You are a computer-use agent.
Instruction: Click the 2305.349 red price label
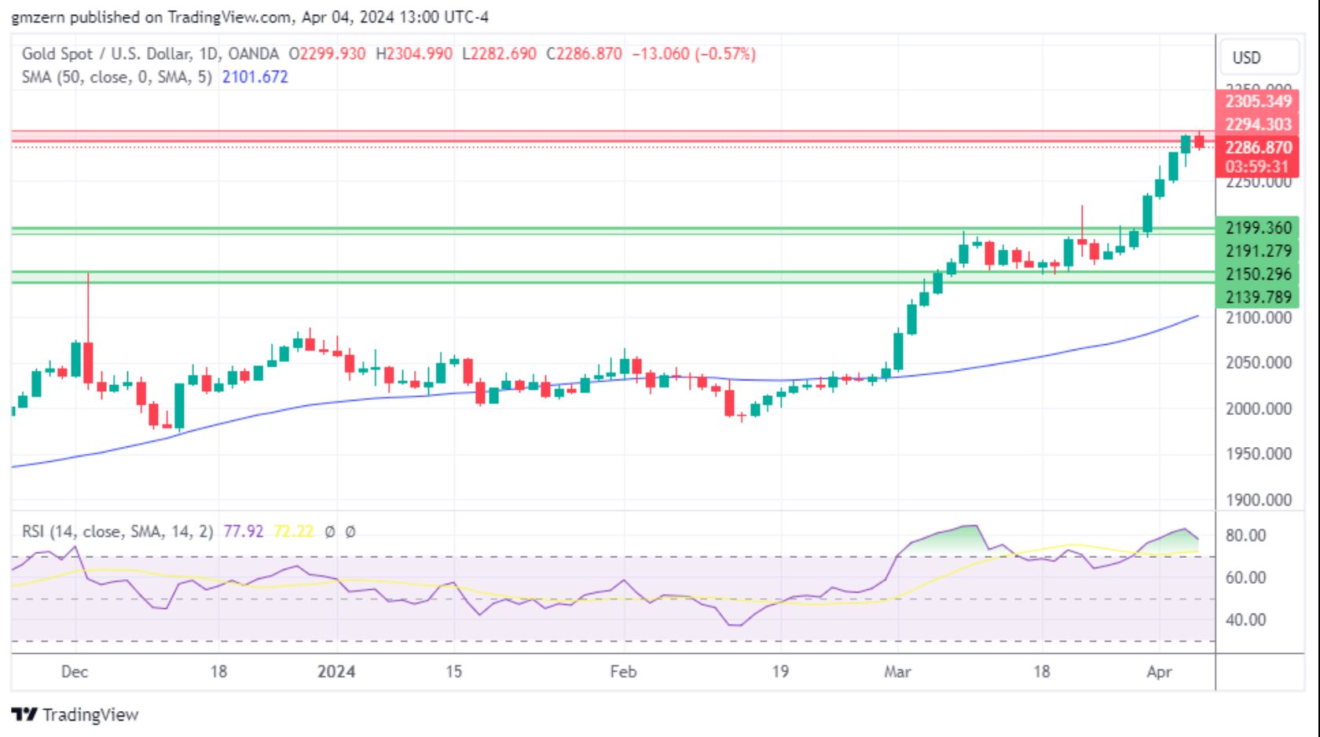(x=1257, y=101)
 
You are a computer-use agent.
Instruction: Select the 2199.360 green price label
(x=1257, y=228)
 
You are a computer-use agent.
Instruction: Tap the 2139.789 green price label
(x=1257, y=297)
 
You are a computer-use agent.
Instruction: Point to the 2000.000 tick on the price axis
(x=1258, y=409)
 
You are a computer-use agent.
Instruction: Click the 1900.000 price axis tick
(x=1258, y=500)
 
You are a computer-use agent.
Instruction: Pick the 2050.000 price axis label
(x=1258, y=363)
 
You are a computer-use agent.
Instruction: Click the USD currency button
(x=1246, y=57)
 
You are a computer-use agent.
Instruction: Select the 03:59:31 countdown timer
(x=1257, y=167)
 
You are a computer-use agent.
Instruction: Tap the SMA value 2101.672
(x=255, y=77)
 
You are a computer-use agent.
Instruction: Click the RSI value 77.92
(x=244, y=532)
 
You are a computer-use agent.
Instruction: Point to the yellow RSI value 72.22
(x=293, y=532)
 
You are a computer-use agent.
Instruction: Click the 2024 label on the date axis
(x=336, y=672)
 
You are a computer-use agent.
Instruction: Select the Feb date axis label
(x=623, y=672)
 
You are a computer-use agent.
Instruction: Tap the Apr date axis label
(x=1159, y=672)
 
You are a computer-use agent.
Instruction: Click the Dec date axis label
(x=75, y=672)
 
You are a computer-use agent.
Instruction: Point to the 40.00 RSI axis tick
(x=1245, y=620)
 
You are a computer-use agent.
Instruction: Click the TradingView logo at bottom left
(x=75, y=715)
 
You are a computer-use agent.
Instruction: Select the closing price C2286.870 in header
(x=584, y=54)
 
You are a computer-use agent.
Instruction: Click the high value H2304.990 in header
(x=414, y=54)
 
